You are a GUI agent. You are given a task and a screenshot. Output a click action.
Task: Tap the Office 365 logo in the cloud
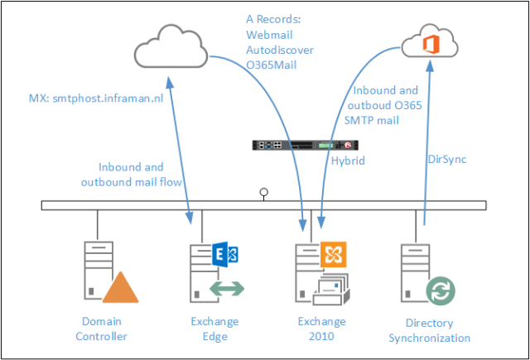tap(431, 44)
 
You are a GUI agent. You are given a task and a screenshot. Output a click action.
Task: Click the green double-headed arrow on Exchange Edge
tap(226, 289)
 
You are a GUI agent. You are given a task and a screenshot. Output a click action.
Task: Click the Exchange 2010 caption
tap(322, 329)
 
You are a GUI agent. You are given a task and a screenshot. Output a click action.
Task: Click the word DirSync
tap(449, 157)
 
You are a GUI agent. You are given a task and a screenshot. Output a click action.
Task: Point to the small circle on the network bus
tap(264, 194)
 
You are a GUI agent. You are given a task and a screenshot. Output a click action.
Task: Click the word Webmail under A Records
tap(270, 35)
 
